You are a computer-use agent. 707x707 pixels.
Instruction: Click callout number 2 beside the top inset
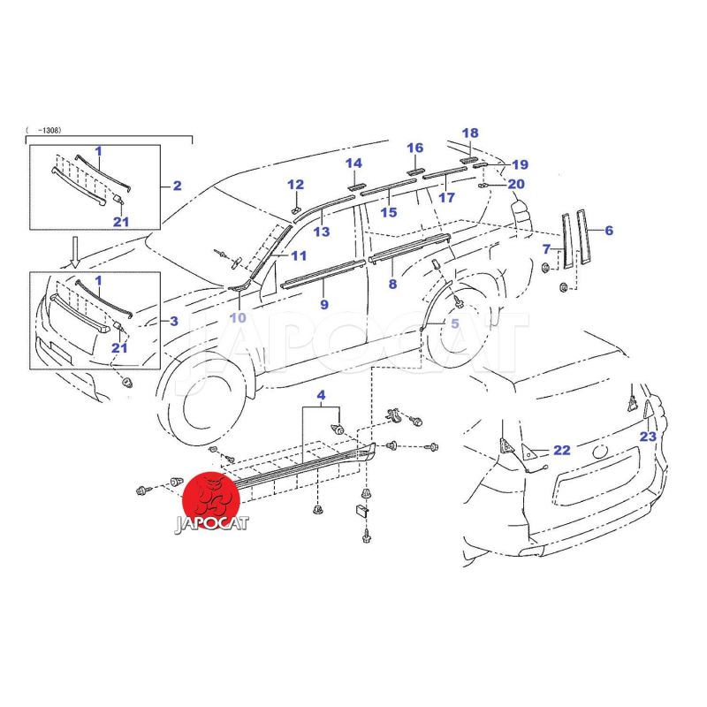point(177,186)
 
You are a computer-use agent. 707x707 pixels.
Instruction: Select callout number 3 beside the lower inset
point(174,321)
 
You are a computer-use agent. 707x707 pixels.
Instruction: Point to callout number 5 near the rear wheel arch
point(454,324)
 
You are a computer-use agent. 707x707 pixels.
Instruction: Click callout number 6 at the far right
point(608,231)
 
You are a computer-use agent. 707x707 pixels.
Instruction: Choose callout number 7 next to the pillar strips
point(547,249)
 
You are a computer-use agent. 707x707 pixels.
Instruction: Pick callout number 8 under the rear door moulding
point(392,284)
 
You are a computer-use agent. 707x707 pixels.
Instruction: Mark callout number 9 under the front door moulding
point(324,304)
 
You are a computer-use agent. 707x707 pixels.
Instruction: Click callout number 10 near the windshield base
point(239,317)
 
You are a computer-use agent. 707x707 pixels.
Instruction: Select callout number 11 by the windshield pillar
point(298,256)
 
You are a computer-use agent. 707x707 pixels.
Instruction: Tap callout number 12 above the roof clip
point(295,185)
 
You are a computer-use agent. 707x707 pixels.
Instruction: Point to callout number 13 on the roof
point(321,232)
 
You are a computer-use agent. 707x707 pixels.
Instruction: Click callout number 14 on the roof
point(353,163)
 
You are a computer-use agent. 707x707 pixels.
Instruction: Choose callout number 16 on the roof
point(415,148)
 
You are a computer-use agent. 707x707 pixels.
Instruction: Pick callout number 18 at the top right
point(469,132)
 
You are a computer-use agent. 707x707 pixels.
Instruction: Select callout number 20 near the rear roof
point(516,184)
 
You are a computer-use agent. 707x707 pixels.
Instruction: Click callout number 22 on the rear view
point(562,450)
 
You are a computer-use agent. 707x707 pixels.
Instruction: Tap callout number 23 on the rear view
point(648,437)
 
